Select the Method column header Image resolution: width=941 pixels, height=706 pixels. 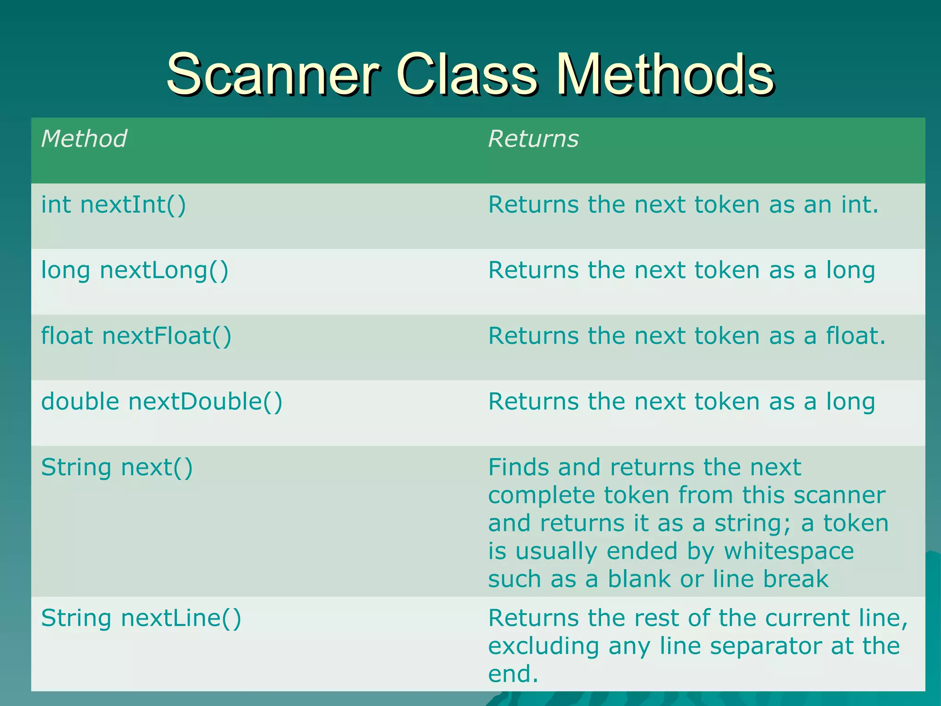(84, 139)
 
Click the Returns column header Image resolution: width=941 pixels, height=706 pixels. (533, 139)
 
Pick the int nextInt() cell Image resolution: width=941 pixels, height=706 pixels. (113, 205)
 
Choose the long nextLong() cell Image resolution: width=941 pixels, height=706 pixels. (135, 271)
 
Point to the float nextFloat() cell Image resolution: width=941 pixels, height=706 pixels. (136, 336)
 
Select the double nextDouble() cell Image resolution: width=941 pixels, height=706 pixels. (162, 402)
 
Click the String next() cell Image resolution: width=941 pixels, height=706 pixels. (117, 467)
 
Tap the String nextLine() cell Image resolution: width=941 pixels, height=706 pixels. (141, 618)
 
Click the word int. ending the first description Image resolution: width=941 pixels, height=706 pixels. (860, 205)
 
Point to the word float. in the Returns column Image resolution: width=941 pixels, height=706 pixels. (856, 336)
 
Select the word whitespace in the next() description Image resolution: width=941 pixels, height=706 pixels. (789, 551)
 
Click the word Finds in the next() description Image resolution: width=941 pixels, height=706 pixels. (519, 467)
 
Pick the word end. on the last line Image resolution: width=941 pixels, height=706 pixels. (513, 674)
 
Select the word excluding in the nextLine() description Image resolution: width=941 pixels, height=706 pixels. (544, 647)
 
